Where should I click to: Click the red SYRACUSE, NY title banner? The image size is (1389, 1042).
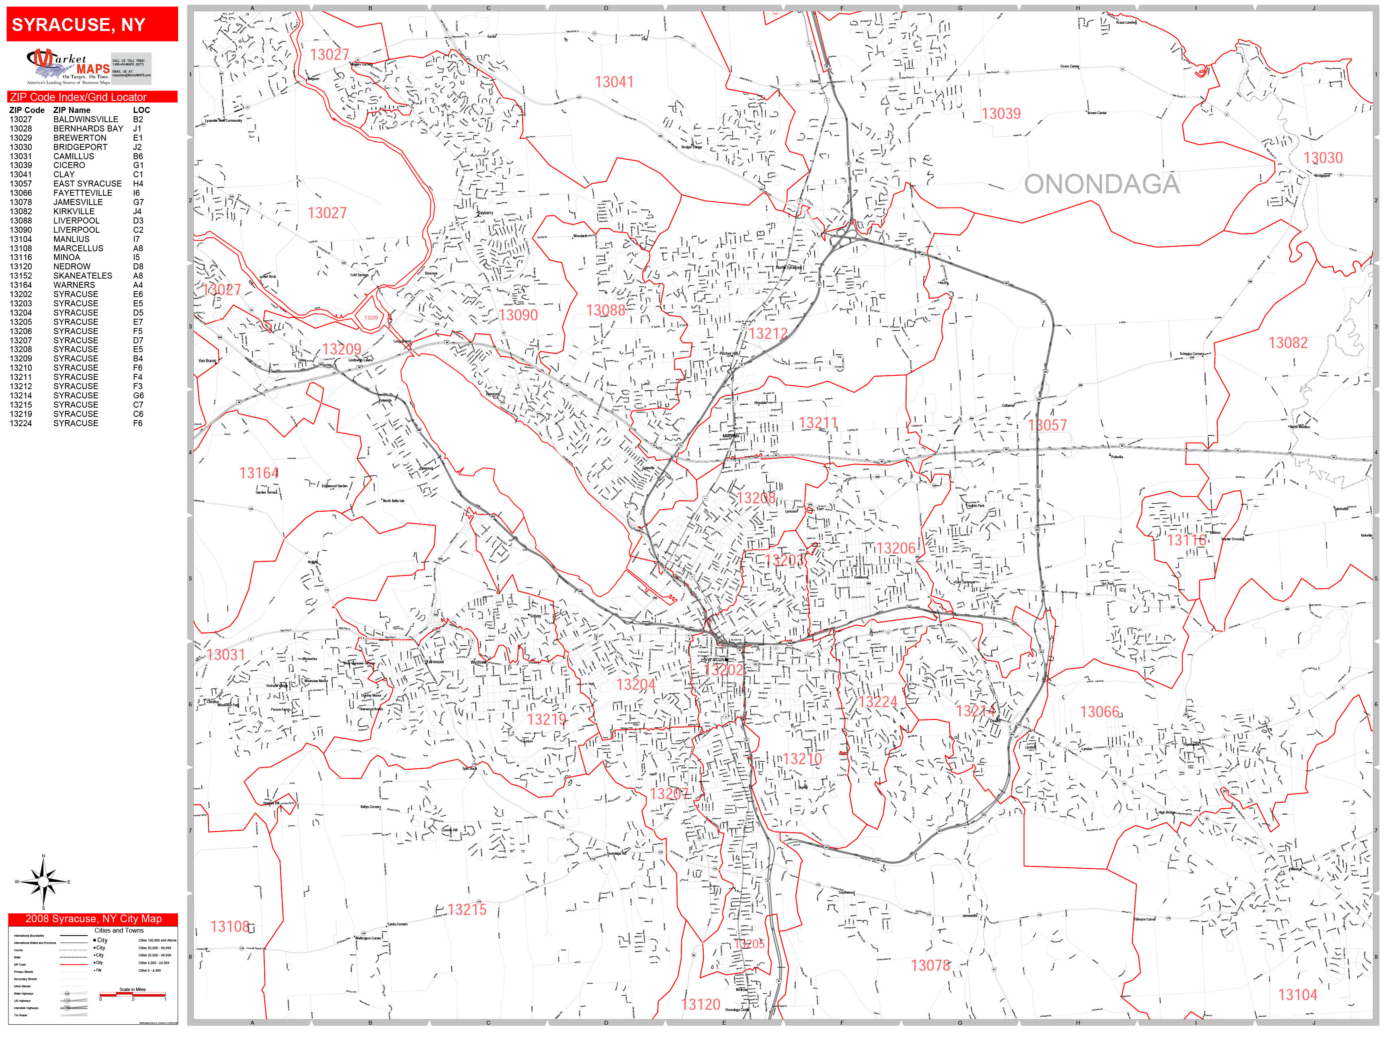tap(92, 25)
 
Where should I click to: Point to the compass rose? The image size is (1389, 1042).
tap(43, 882)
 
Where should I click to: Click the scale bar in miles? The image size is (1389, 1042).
tap(133, 994)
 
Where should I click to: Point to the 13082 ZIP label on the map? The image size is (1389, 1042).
tap(1287, 343)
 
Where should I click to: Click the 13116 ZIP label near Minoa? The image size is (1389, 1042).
tap(1186, 540)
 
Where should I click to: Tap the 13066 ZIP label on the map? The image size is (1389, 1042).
tap(1100, 712)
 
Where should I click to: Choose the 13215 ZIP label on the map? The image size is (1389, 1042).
tap(467, 909)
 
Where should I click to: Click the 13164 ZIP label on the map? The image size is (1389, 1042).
tap(259, 473)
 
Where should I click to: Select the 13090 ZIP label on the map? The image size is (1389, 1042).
tap(518, 315)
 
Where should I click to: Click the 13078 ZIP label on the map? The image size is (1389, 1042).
tap(930, 965)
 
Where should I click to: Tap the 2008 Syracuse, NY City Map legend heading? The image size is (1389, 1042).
tap(93, 919)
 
